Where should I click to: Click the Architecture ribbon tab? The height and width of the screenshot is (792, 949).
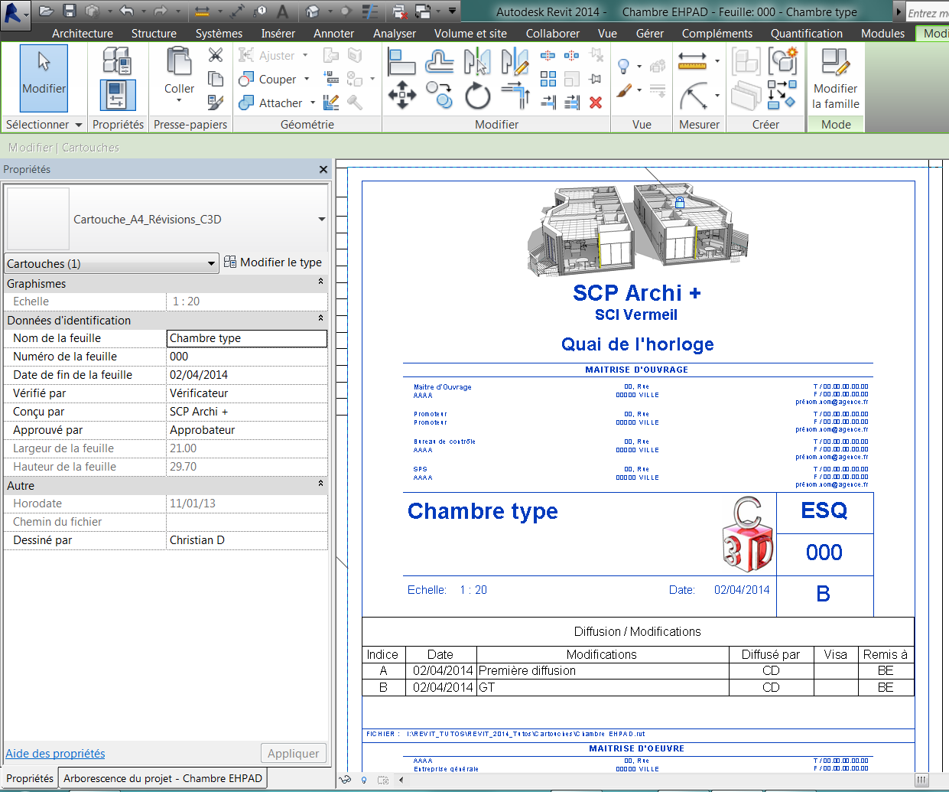83,34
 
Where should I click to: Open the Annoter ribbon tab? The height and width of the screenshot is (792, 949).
333,34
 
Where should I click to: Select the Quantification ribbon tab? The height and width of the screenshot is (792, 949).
806,34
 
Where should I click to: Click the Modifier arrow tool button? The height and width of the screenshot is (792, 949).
44,77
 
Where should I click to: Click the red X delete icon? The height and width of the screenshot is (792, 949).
596,103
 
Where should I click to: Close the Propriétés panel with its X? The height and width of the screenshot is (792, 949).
323,170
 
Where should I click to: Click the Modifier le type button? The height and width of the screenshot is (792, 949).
273,262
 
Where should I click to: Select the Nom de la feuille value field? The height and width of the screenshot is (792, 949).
246,338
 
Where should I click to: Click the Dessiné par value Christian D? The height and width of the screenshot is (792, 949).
246,540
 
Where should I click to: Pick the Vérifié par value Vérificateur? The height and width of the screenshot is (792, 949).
246,393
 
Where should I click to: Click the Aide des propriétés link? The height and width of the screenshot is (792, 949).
55,754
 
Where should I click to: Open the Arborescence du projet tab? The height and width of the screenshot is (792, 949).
162,778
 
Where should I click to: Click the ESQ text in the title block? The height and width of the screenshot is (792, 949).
824,511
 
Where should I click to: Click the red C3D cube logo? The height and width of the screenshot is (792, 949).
747,536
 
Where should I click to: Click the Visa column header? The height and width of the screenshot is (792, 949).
835,655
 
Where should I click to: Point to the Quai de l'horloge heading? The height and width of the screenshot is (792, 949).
637,344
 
